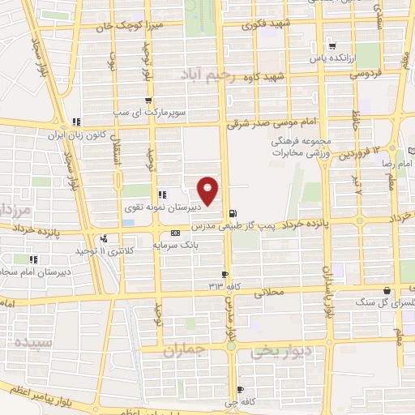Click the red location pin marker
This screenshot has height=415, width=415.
(209, 190)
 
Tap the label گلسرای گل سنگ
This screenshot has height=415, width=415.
(370, 302)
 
